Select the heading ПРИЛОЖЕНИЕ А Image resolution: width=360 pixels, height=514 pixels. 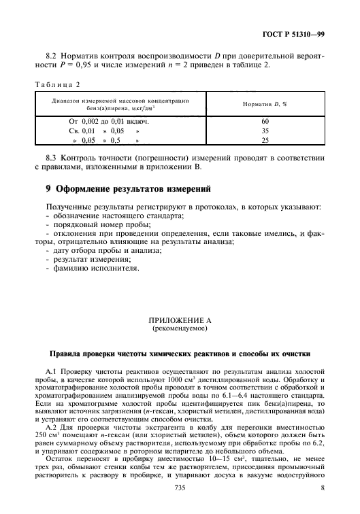click(180, 321)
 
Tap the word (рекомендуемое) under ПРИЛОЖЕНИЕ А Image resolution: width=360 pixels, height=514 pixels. click(180, 328)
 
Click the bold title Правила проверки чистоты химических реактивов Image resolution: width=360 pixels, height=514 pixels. click(180, 354)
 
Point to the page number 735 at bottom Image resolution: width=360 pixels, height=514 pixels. click(180, 488)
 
